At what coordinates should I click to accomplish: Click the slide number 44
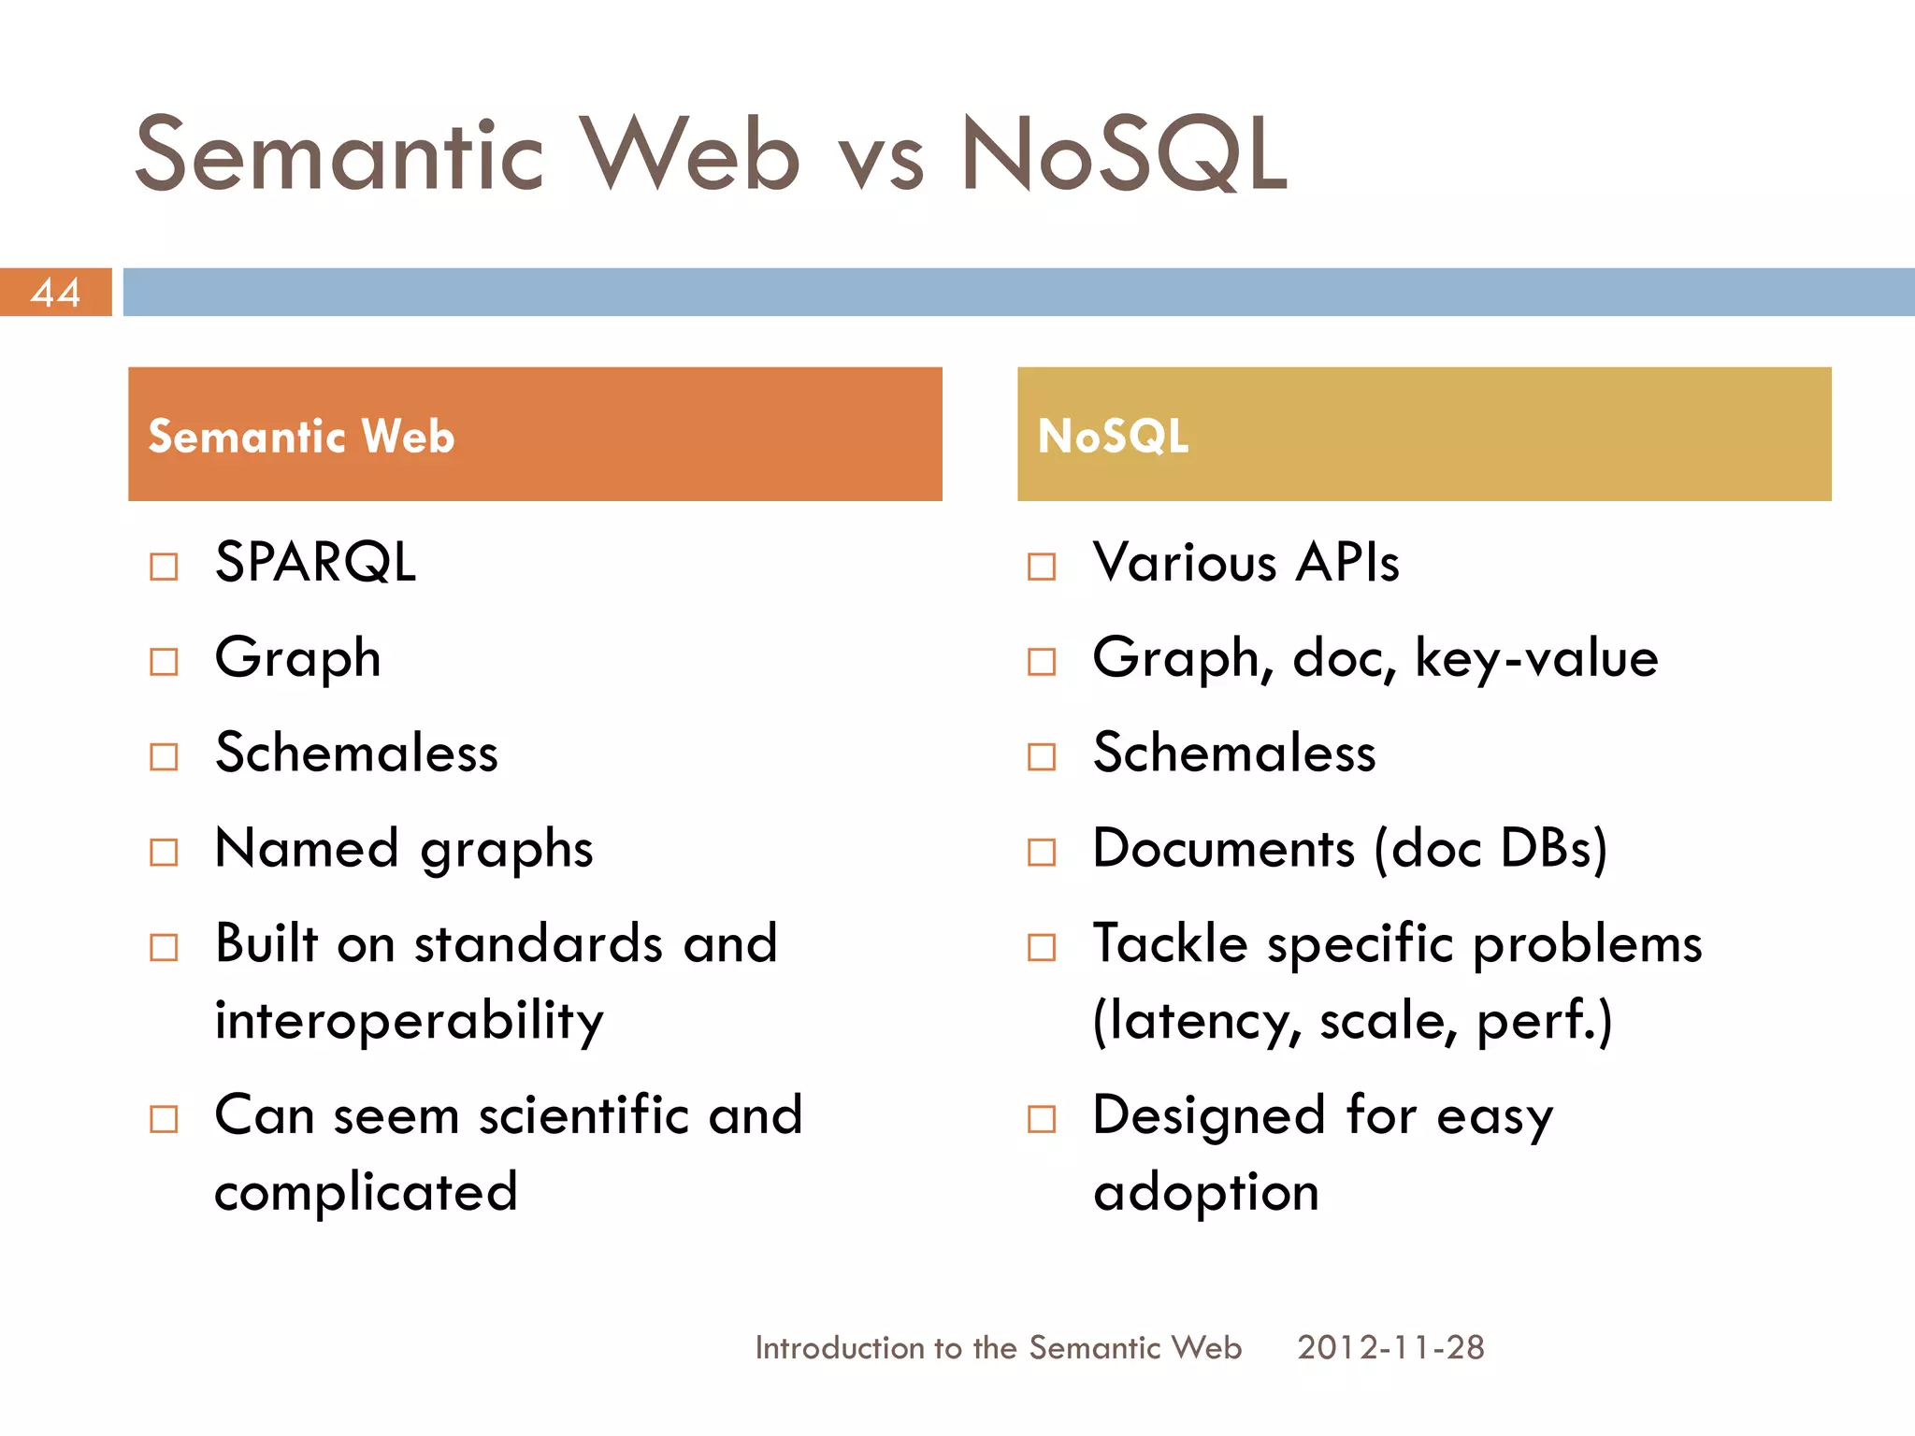[x=55, y=293]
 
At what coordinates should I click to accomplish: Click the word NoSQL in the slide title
[x=1124, y=155]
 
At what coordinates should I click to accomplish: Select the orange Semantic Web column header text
[x=301, y=437]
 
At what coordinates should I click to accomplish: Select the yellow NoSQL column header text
[x=1113, y=437]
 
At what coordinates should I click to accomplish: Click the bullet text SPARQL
[x=315, y=563]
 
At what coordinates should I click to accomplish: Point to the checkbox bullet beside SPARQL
[x=164, y=567]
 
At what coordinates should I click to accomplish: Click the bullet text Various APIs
[x=1245, y=563]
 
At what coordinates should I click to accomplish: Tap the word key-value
[x=1536, y=658]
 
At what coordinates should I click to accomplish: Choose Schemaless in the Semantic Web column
[x=356, y=754]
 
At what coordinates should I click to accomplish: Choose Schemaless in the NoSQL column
[x=1234, y=754]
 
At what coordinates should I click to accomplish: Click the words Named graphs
[x=404, y=849]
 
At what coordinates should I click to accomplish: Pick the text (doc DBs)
[x=1490, y=849]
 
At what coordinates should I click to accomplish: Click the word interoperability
[x=409, y=1020]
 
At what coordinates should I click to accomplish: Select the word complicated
[x=366, y=1192]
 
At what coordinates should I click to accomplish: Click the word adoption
[x=1206, y=1192]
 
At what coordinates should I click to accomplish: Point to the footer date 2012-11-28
[x=1390, y=1347]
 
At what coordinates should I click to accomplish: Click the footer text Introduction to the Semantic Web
[x=998, y=1347]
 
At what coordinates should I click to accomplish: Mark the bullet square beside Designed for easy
[x=1042, y=1119]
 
